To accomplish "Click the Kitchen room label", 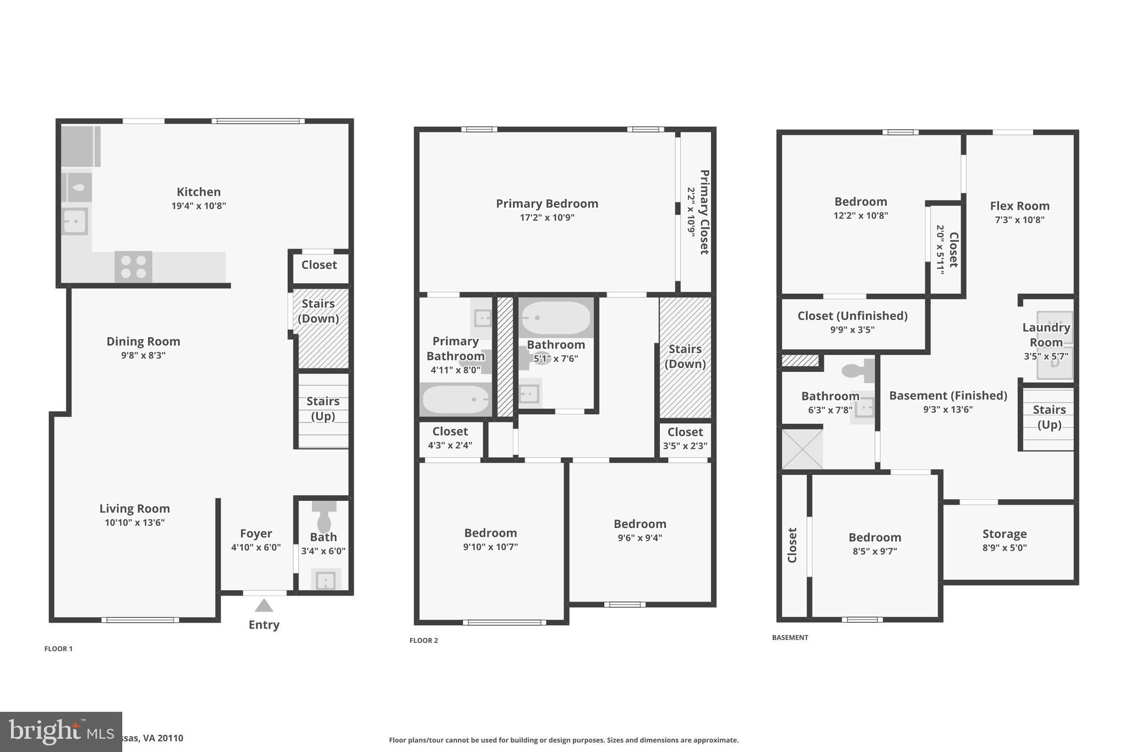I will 198,192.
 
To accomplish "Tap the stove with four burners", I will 133,267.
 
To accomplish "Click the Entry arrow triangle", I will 264,605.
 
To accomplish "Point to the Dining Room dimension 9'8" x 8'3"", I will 143,355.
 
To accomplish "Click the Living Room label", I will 134,508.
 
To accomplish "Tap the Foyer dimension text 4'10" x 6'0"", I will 256,548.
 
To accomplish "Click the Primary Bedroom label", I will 547,204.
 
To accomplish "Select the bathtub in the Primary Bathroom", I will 455,399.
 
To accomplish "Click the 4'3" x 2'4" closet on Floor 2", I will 450,438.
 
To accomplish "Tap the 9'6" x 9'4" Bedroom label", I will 640,524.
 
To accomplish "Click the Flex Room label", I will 1019,206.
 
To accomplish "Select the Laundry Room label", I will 1046,334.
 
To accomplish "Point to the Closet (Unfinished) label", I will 852,316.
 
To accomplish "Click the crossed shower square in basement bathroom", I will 802,450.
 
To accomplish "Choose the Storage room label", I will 1004,534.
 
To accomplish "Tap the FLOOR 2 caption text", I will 424,640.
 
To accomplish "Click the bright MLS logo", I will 61,732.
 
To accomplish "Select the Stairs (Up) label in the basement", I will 1049,416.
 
